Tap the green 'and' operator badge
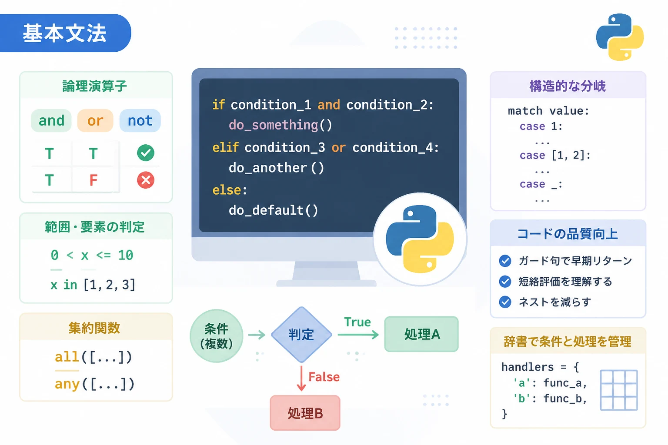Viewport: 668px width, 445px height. click(x=51, y=121)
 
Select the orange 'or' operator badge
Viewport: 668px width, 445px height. click(x=95, y=121)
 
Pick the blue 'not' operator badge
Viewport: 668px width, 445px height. click(x=140, y=121)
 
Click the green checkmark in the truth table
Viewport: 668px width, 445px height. click(x=146, y=153)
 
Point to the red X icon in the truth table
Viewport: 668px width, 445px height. click(x=146, y=180)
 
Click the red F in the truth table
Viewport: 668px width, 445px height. click(x=94, y=180)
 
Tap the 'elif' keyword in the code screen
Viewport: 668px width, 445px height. click(x=225, y=148)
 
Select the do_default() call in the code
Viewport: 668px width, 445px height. click(x=274, y=210)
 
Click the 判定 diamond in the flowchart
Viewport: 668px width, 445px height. click(x=301, y=335)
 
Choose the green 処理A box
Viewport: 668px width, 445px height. click(x=421, y=334)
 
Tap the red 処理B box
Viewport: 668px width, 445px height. click(x=305, y=413)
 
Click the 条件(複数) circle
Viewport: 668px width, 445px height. click(x=217, y=336)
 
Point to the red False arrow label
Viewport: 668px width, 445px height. click(x=324, y=377)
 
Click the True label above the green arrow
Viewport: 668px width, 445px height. click(x=357, y=322)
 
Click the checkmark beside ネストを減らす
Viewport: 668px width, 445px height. click(x=505, y=302)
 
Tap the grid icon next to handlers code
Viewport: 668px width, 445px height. click(x=619, y=390)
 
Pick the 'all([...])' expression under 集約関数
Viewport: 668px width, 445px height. click(x=94, y=357)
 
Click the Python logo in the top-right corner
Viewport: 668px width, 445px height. click(x=620, y=37)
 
